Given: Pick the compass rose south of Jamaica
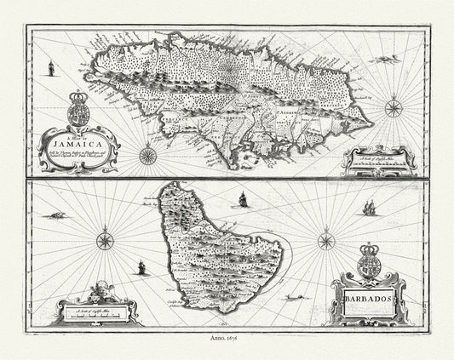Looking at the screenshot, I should click(x=147, y=156).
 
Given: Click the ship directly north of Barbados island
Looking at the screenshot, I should click(x=241, y=200).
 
